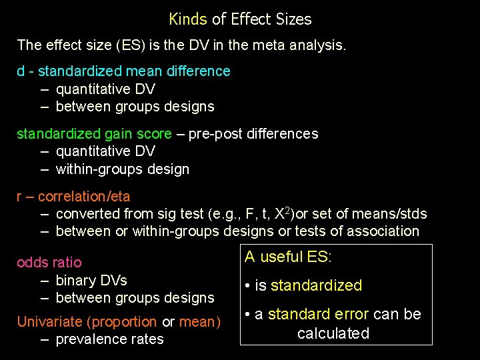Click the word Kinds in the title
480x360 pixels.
(x=188, y=19)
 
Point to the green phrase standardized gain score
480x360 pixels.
(x=94, y=134)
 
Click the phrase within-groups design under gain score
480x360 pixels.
(x=123, y=169)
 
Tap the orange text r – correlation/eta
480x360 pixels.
(x=73, y=197)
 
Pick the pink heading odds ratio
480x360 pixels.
(x=49, y=263)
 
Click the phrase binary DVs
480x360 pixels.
(x=91, y=280)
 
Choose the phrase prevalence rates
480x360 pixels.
(x=109, y=339)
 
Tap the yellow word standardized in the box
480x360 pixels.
(x=316, y=286)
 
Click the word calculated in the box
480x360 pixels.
(x=333, y=333)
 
